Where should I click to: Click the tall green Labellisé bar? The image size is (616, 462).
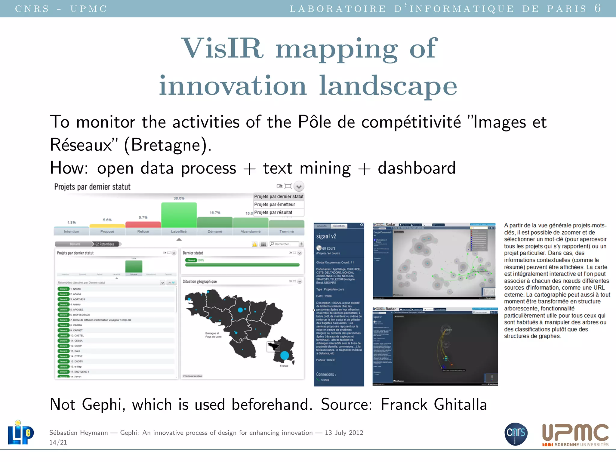pyautogui.click(x=179, y=215)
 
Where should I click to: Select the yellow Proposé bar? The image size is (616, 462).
pyautogui.click(x=107, y=226)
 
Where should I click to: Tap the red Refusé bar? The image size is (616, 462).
pyautogui.click(x=143, y=224)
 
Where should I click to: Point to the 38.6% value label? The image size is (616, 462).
pyautogui.click(x=179, y=198)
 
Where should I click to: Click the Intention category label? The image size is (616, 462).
pyautogui.click(x=71, y=231)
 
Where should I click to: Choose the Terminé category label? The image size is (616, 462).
pyautogui.click(x=286, y=231)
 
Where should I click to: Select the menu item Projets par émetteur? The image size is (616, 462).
pyautogui.click(x=275, y=205)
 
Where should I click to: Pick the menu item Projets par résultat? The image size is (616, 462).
pyautogui.click(x=273, y=212)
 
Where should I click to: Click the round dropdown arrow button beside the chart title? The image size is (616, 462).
pyautogui.click(x=299, y=186)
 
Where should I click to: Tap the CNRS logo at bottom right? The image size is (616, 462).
pyautogui.click(x=516, y=434)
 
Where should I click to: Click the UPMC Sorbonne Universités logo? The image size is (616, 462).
pyautogui.click(x=575, y=435)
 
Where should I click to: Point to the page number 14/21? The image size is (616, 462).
pyautogui.click(x=58, y=442)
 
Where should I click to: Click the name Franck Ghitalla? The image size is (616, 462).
pyautogui.click(x=433, y=405)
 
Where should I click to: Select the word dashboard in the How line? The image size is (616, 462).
pyautogui.click(x=417, y=168)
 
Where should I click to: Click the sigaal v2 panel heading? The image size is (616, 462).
pyautogui.click(x=326, y=236)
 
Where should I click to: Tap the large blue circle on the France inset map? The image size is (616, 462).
pyautogui.click(x=285, y=356)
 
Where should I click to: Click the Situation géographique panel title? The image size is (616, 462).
pyautogui.click(x=200, y=282)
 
